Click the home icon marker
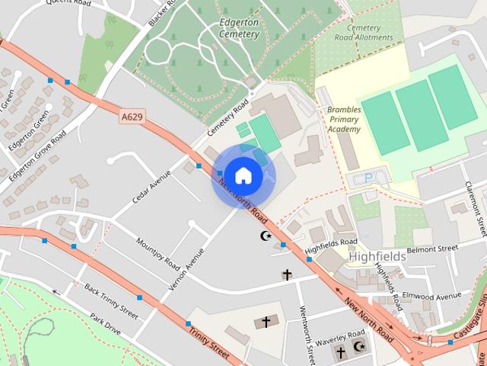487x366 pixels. point(243,175)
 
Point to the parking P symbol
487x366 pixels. point(369,178)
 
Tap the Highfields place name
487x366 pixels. point(377,257)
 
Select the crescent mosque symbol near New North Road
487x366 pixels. point(266,236)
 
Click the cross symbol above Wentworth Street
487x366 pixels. point(287,274)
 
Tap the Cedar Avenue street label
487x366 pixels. point(151,186)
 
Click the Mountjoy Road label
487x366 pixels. point(158,254)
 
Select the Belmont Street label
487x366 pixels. point(431,249)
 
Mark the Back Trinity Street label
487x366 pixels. point(111,302)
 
